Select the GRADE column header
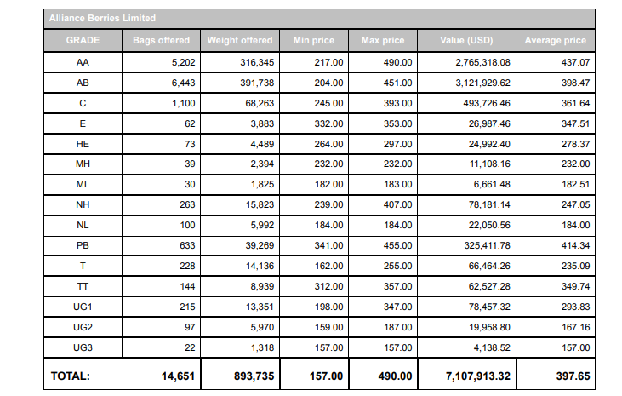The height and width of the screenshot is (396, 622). point(83,40)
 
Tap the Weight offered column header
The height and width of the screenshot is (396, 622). point(240,40)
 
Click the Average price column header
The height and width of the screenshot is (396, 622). point(556,40)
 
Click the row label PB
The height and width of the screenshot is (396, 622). point(83,245)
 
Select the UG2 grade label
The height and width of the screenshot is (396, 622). point(83,327)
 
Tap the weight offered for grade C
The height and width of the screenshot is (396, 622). point(258,103)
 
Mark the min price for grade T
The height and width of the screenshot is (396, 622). point(330,266)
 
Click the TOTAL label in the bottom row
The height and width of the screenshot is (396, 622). point(71,375)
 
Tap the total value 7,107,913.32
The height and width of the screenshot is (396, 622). point(476,375)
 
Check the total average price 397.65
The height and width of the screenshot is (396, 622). point(572,375)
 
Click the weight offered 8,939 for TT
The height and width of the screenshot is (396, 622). point(260,286)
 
